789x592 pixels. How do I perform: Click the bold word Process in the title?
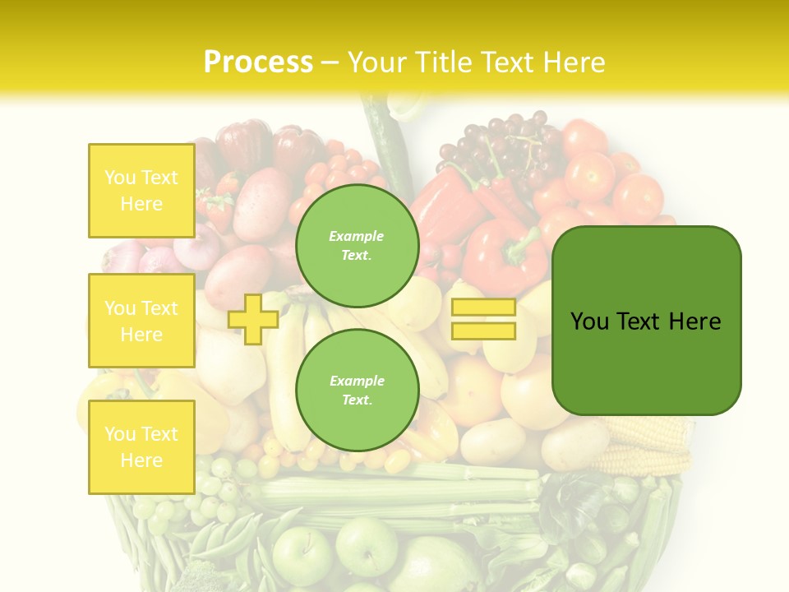click(x=258, y=62)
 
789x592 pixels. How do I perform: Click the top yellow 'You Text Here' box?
click(x=141, y=191)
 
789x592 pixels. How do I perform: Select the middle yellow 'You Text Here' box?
click(x=141, y=321)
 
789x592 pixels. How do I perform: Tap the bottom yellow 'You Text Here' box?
click(x=141, y=446)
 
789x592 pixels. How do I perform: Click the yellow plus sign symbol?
click(x=253, y=319)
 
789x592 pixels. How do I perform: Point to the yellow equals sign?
click(x=483, y=319)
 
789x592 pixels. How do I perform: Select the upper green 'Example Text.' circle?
click(x=357, y=245)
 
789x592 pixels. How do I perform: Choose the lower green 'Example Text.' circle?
click(x=357, y=390)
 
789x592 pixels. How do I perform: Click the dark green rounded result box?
click(x=646, y=321)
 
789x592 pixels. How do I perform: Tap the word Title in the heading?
click(x=444, y=62)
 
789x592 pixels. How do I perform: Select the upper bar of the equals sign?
click(x=483, y=308)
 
